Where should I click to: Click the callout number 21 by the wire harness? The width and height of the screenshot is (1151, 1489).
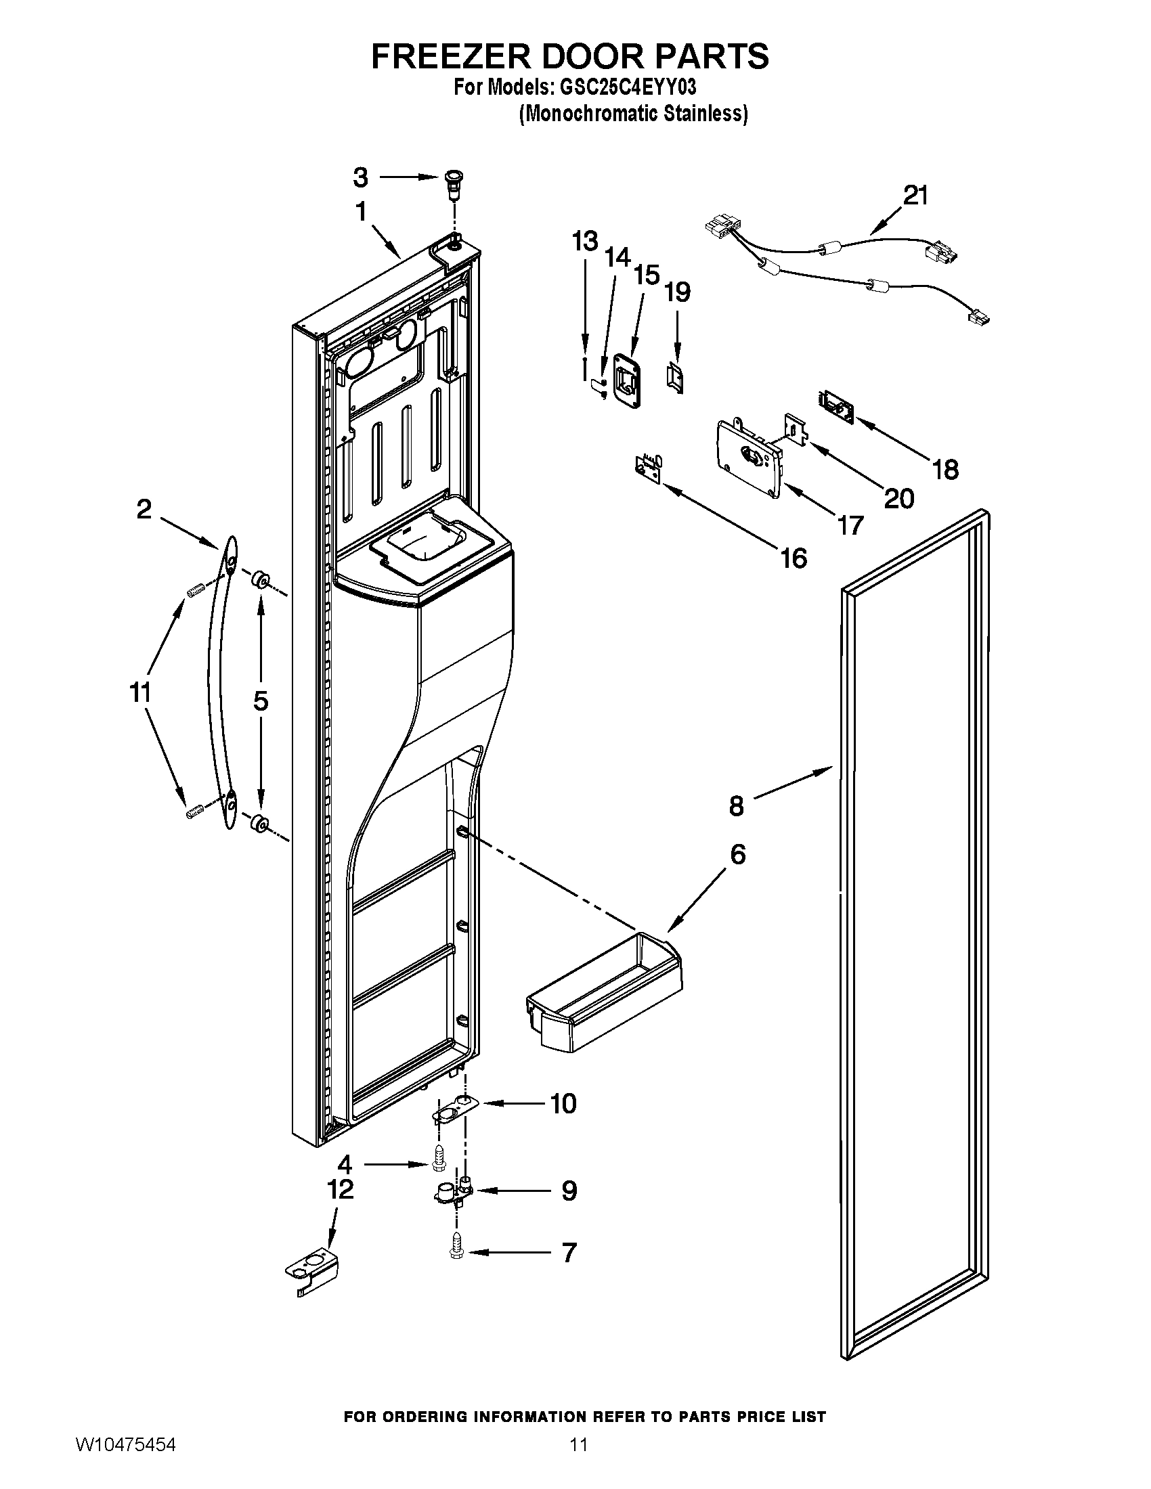coord(916,196)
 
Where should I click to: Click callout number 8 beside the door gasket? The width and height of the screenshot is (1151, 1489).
coord(736,806)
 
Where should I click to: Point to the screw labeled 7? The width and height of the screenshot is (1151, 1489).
coord(456,1251)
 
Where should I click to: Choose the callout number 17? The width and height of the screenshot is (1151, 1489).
coord(850,525)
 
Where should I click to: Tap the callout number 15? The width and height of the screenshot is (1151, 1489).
coord(646,275)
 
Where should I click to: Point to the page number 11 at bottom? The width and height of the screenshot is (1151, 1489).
coord(579,1463)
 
